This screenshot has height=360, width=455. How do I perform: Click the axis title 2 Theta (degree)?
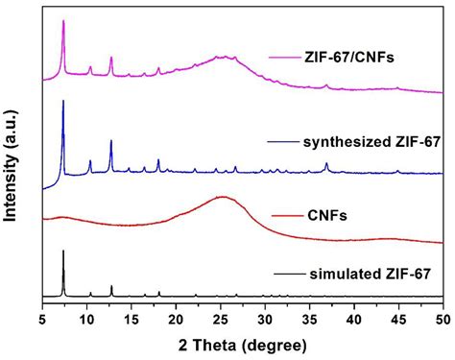pyautogui.click(x=242, y=343)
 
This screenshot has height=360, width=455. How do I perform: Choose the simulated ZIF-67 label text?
pyautogui.click(x=370, y=274)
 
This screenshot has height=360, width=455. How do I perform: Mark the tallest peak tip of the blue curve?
pyautogui.click(x=63, y=101)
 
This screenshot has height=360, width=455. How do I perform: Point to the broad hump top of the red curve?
pyautogui.click(x=223, y=197)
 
